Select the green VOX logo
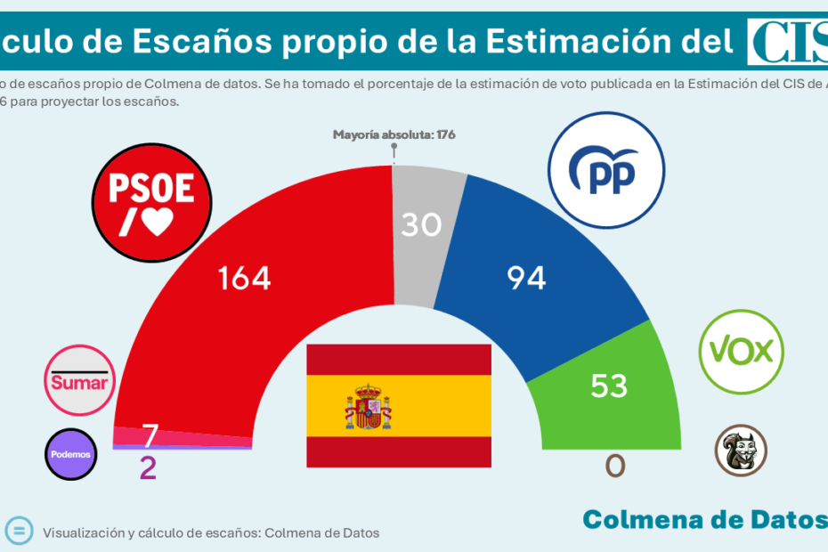click(x=741, y=353)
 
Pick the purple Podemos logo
click(x=70, y=454)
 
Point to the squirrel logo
click(x=741, y=450)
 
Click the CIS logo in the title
click(x=787, y=42)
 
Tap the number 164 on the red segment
click(x=245, y=279)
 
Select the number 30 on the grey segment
click(x=421, y=224)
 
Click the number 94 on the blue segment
click(x=526, y=279)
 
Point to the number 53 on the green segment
click(x=609, y=386)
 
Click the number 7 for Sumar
click(x=150, y=435)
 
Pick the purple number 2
click(x=148, y=468)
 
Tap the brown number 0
click(x=614, y=465)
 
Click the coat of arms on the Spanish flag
click(x=368, y=406)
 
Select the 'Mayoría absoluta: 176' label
click(x=394, y=135)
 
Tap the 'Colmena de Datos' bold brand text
click(x=703, y=519)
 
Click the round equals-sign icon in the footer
click(x=18, y=531)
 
